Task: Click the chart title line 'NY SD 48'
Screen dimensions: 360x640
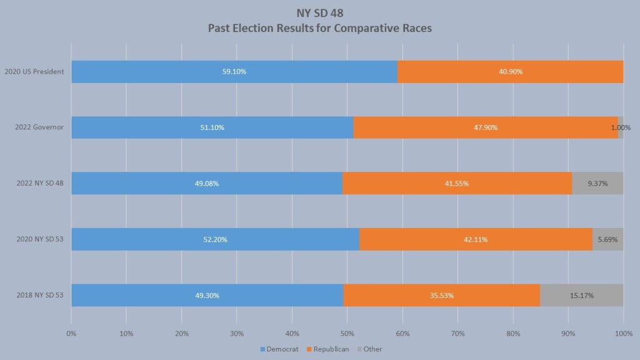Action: point(319,12)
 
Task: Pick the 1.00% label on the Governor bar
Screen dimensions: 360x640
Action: point(621,127)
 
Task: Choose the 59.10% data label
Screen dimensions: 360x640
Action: point(234,72)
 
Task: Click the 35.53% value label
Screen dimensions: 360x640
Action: point(441,296)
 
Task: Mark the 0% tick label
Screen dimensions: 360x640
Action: point(71,334)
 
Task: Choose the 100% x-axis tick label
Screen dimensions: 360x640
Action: point(622,334)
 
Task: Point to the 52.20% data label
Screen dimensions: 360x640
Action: point(215,239)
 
